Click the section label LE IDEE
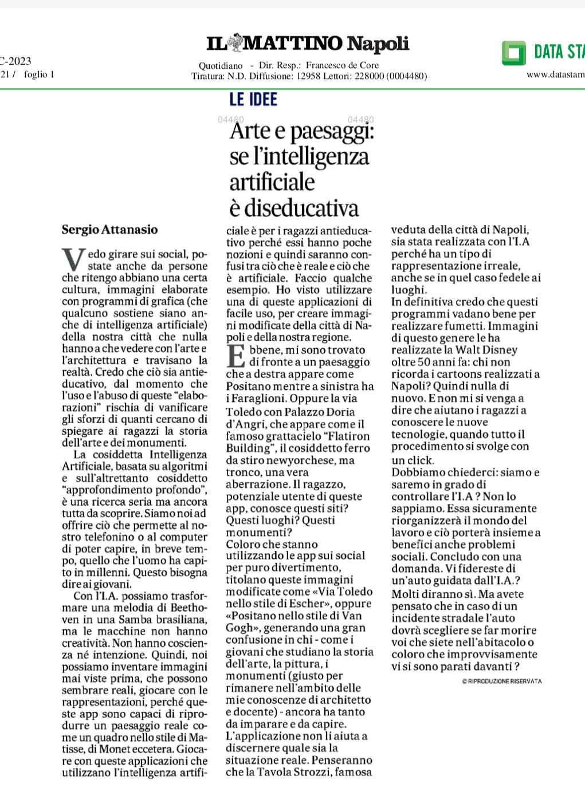(x=253, y=99)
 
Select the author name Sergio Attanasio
(x=109, y=230)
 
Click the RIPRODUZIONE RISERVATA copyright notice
(x=501, y=681)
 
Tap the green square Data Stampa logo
(x=513, y=53)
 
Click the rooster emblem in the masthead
(x=235, y=42)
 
